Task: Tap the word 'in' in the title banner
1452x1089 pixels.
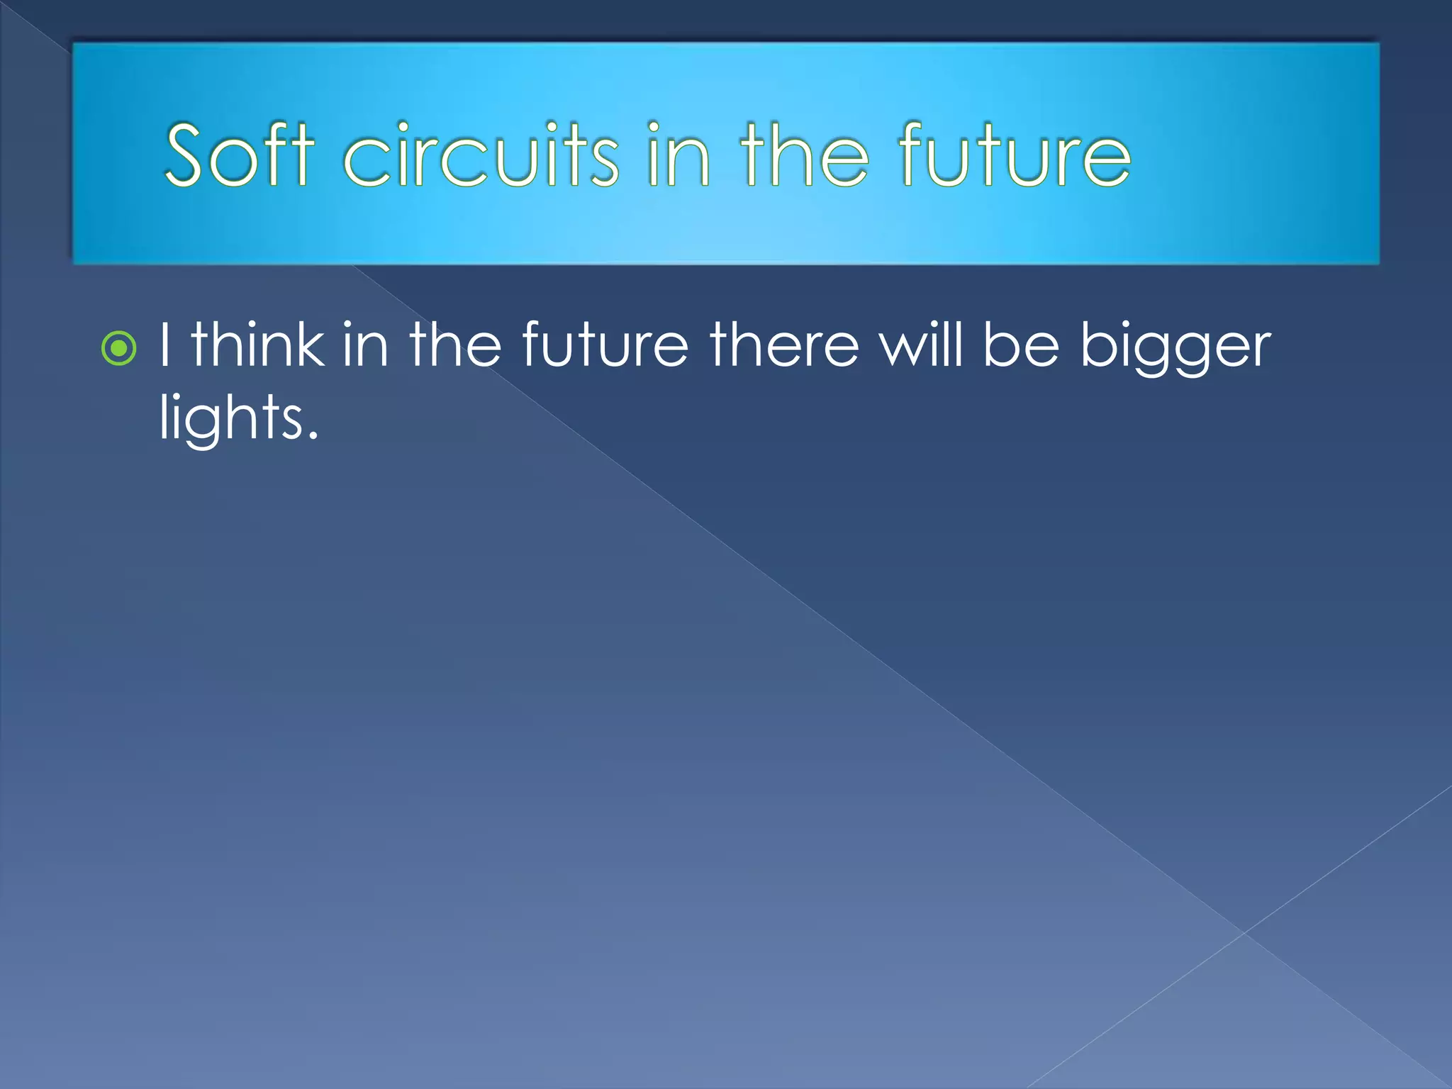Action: (677, 155)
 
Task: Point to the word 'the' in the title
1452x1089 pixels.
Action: (804, 155)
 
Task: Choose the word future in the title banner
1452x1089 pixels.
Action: (1014, 155)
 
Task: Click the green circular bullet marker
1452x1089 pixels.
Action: (118, 348)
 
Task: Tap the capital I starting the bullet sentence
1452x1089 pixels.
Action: (164, 345)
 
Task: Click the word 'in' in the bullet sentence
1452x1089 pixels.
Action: (365, 345)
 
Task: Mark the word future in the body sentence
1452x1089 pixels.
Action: (605, 345)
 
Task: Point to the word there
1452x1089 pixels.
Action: (784, 345)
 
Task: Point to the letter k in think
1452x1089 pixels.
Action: (310, 345)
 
